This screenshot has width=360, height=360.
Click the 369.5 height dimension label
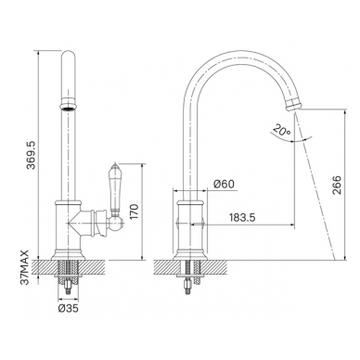32,155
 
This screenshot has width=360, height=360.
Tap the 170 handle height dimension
135,212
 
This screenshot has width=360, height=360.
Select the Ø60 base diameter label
224,184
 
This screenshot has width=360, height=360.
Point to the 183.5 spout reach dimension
242,218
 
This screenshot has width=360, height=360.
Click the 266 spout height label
337,185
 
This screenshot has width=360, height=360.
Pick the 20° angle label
282,131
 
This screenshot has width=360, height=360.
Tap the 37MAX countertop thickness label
25,267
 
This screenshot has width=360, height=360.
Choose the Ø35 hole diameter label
68,308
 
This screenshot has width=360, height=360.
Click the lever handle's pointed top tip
114,162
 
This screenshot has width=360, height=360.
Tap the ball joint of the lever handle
116,222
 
